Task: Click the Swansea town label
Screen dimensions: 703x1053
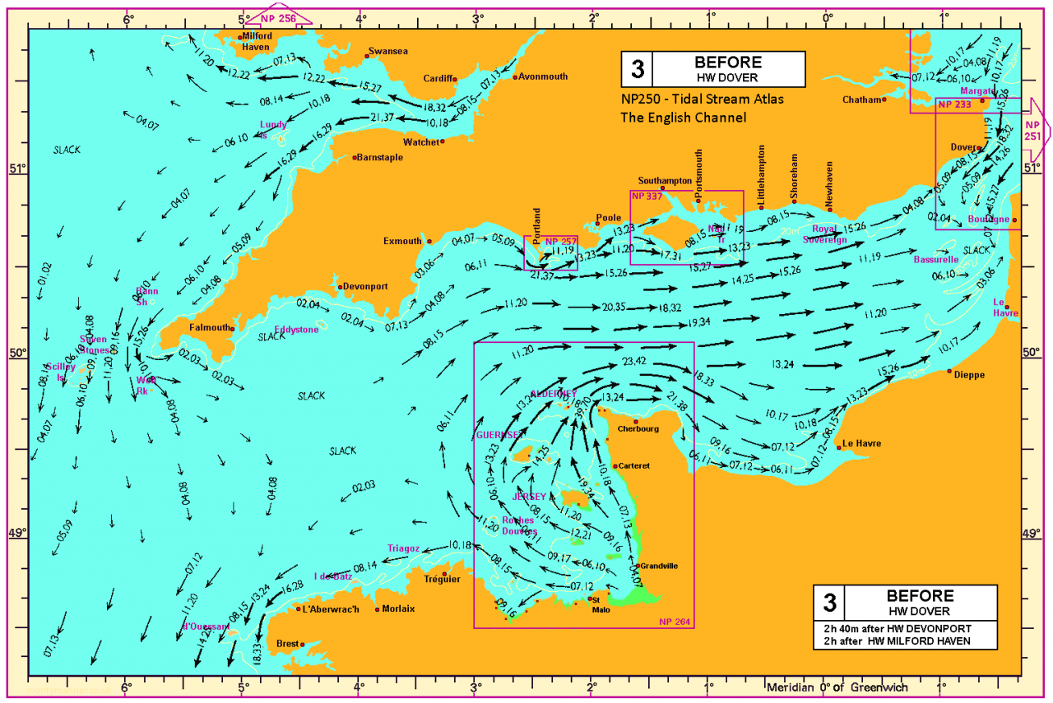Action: coord(388,51)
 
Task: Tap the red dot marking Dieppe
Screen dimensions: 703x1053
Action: coord(950,371)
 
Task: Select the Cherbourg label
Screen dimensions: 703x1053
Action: coord(638,429)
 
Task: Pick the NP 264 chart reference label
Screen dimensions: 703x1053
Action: coord(675,621)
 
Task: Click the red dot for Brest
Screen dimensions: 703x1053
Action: coord(303,644)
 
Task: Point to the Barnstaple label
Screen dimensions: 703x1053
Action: coord(381,157)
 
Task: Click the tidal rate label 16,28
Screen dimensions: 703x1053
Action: coord(292,587)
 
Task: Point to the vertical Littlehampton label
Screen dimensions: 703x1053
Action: coord(762,175)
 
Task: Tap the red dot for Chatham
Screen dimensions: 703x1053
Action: coord(884,99)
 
